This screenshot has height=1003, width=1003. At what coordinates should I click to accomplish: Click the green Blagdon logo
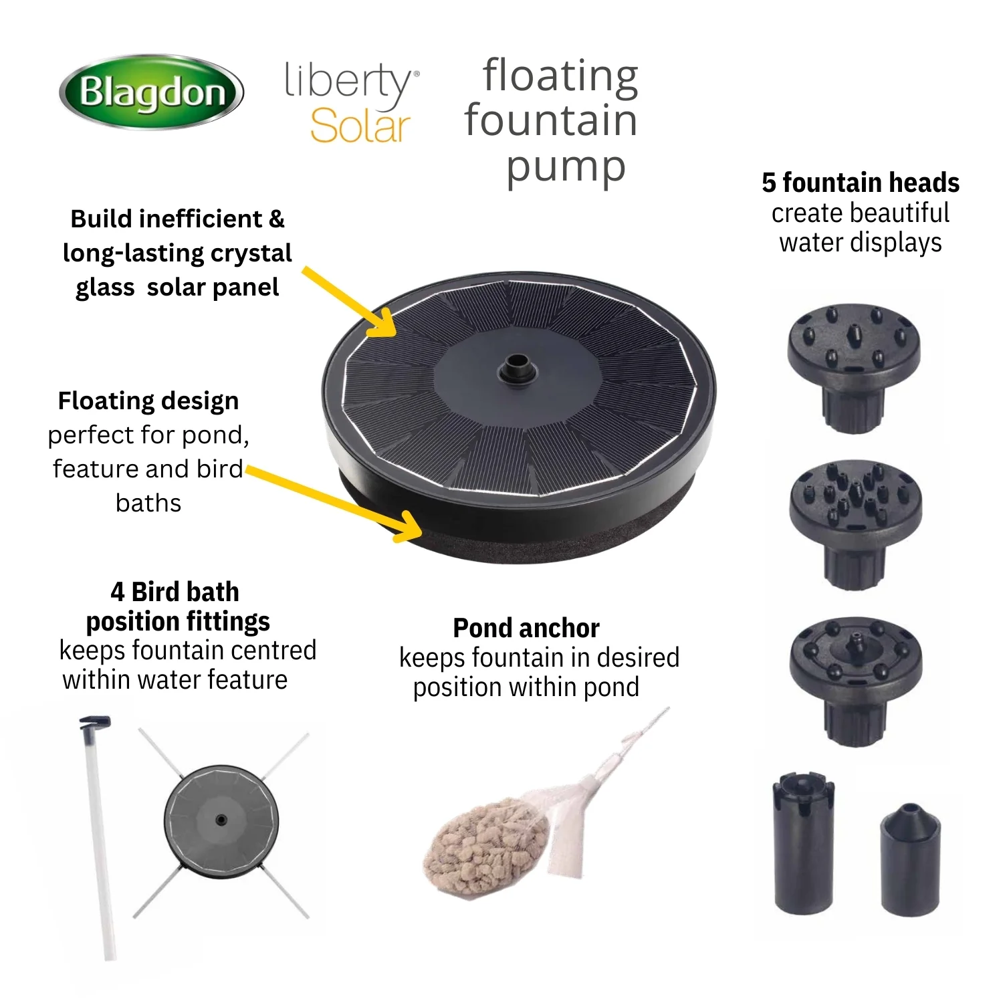pyautogui.click(x=152, y=92)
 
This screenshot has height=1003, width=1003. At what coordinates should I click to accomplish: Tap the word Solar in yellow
pyautogui.click(x=360, y=126)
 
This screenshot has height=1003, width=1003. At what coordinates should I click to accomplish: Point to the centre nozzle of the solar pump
pyautogui.click(x=515, y=367)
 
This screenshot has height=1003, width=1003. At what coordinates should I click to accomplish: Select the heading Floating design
pyautogui.click(x=148, y=401)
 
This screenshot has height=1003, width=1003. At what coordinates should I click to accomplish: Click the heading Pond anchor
pyautogui.click(x=526, y=628)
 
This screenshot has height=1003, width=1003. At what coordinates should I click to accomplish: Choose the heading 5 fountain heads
pyautogui.click(x=861, y=183)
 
